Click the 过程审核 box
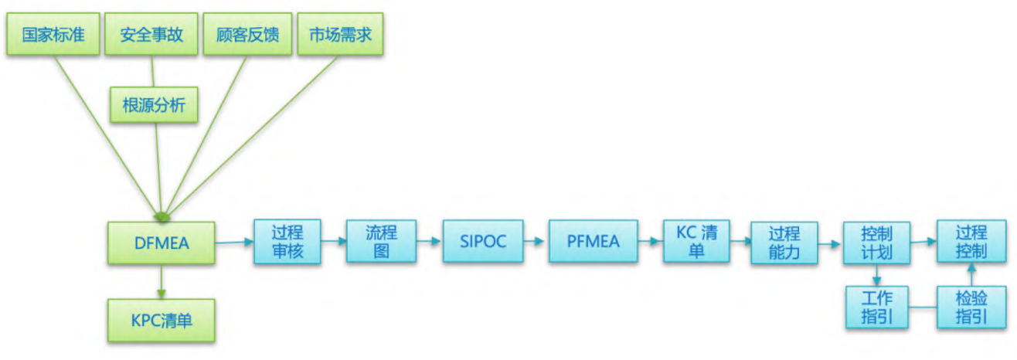(x=287, y=243)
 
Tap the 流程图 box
(x=381, y=243)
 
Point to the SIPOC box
(x=483, y=242)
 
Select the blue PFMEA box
(x=594, y=242)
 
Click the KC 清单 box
(x=696, y=242)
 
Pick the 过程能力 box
(x=784, y=243)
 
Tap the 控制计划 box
(x=876, y=243)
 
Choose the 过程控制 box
(x=971, y=243)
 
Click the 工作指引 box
(x=876, y=307)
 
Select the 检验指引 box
(x=971, y=307)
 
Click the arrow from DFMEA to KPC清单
(x=162, y=283)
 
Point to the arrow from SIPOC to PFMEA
(x=536, y=242)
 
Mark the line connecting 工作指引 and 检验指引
(x=923, y=308)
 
